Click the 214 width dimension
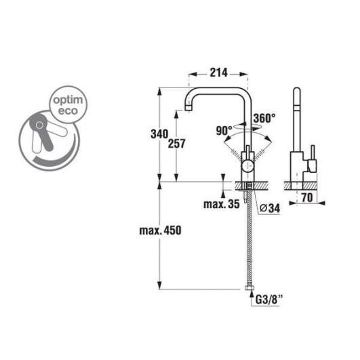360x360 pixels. coord(218,73)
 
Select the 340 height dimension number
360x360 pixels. coord(159,134)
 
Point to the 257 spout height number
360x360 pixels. coord(176,144)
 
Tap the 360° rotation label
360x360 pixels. coord(264,118)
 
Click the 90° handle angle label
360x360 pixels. coord(224,131)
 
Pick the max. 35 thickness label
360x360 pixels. coord(222,204)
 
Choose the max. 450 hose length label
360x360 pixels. coord(160,231)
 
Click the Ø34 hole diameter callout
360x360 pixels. coord(270,208)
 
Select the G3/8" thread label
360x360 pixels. coord(269,300)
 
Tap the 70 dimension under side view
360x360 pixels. coord(307,197)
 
